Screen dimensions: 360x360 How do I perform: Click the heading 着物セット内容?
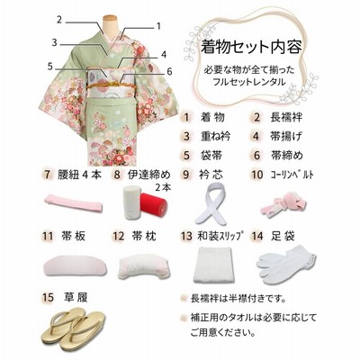251,47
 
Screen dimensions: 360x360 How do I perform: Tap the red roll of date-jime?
154,204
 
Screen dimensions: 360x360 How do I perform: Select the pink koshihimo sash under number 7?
74,203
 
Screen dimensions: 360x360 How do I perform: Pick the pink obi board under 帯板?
73,265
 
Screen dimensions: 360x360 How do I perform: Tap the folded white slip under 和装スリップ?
214,264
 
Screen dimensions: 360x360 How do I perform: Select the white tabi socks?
286,261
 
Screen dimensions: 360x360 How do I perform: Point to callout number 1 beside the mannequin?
159,27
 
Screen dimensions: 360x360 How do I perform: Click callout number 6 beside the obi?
170,72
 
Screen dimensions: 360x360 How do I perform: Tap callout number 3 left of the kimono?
54,42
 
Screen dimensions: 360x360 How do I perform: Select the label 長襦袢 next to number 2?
285,117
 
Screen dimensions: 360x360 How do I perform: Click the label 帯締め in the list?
287,156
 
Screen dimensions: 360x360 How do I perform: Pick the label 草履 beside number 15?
76,298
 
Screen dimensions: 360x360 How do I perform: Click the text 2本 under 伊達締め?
163,187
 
